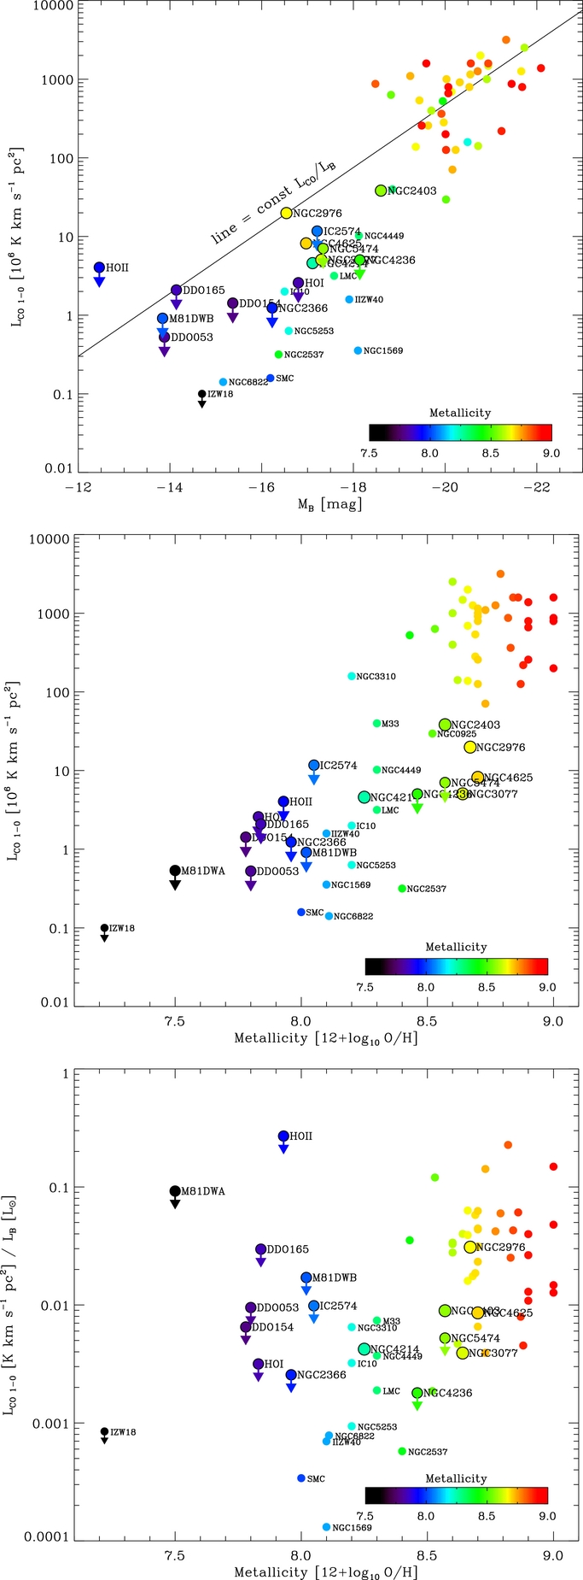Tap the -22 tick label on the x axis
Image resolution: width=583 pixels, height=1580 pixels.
click(536, 487)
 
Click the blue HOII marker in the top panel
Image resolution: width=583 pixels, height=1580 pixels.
click(99, 267)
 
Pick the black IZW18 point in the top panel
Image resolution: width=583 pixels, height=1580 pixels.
click(202, 394)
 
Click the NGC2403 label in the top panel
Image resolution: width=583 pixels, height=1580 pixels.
click(412, 191)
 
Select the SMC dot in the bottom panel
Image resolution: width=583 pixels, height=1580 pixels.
click(301, 1478)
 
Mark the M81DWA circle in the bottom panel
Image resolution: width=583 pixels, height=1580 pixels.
click(175, 1191)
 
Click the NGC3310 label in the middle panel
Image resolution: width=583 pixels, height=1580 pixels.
click(376, 677)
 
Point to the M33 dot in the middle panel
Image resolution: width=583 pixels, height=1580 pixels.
click(377, 724)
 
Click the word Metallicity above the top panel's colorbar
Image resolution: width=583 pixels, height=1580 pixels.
click(460, 413)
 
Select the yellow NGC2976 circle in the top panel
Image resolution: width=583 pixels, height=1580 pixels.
click(287, 213)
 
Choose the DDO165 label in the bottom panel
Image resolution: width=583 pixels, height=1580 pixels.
click(289, 1249)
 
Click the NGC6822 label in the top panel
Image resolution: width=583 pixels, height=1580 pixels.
click(248, 382)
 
